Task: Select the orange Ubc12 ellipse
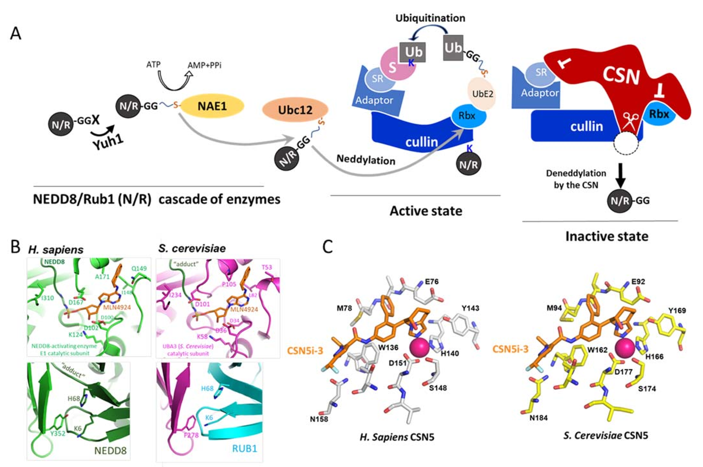tap(295, 110)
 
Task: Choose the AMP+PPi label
tap(204, 65)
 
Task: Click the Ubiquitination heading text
tap(430, 18)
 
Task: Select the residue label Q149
tap(139, 268)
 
